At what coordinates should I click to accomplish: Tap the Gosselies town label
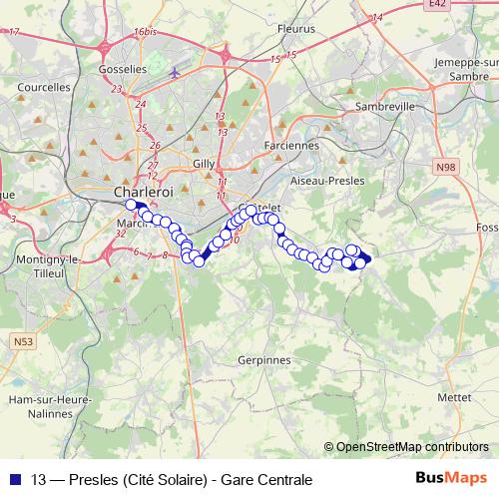(x=123, y=69)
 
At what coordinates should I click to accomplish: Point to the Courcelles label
(x=43, y=87)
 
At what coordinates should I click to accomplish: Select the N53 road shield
(x=22, y=342)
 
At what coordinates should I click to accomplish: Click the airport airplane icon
(x=176, y=72)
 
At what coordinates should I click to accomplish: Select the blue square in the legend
(x=17, y=479)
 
